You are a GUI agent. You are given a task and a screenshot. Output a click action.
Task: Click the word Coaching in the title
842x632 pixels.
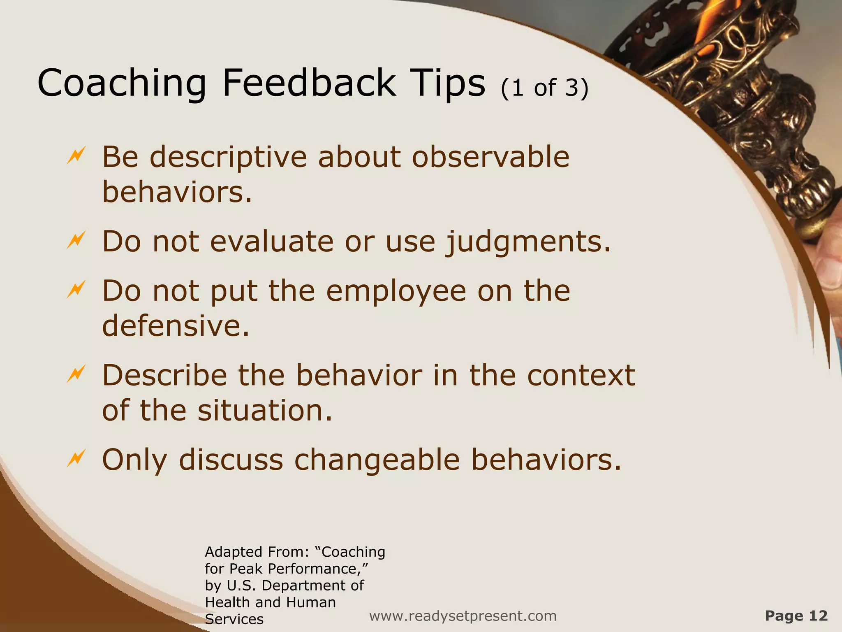click(x=122, y=84)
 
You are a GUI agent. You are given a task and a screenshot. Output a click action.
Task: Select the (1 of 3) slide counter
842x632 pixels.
click(x=545, y=88)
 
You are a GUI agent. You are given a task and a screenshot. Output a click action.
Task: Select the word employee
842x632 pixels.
click(x=396, y=291)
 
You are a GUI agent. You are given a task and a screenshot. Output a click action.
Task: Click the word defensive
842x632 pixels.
click(x=176, y=326)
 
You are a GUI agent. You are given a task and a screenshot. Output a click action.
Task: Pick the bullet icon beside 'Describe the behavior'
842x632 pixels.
click(x=76, y=374)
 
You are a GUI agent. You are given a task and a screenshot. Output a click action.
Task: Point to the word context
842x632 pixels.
click(x=581, y=375)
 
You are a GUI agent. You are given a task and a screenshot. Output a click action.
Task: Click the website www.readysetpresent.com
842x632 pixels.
click(x=463, y=616)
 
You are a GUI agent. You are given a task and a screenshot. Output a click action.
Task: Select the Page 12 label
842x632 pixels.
click(x=796, y=616)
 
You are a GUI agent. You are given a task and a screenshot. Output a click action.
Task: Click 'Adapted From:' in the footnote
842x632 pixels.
click(x=257, y=552)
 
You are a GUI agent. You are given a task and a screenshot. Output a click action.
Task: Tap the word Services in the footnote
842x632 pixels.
click(x=234, y=619)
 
